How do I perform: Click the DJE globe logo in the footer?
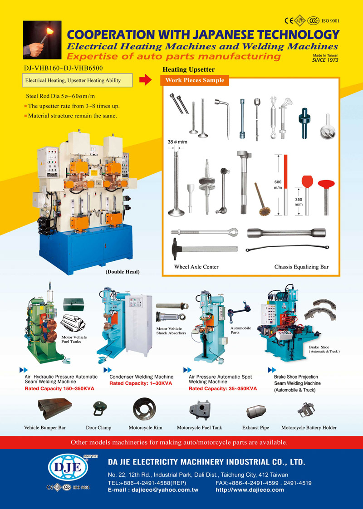click(68, 467)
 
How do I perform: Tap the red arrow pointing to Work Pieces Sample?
click(145, 79)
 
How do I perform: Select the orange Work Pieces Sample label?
click(195, 80)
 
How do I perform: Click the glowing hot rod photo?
click(42, 40)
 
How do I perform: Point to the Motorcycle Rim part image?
click(144, 409)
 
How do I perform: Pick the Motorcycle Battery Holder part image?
click(306, 410)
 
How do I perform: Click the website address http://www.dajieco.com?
click(250, 490)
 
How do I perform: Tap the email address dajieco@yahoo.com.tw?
click(165, 490)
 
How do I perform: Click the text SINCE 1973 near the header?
click(325, 60)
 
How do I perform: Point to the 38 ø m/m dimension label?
click(177, 142)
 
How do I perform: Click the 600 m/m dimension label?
click(278, 185)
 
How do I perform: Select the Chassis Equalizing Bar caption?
click(301, 267)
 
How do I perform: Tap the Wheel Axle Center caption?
click(196, 267)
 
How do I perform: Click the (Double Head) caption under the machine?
click(123, 272)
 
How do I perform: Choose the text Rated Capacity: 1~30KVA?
click(141, 383)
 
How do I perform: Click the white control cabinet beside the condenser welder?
click(139, 325)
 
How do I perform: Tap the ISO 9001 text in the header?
click(330, 21)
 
